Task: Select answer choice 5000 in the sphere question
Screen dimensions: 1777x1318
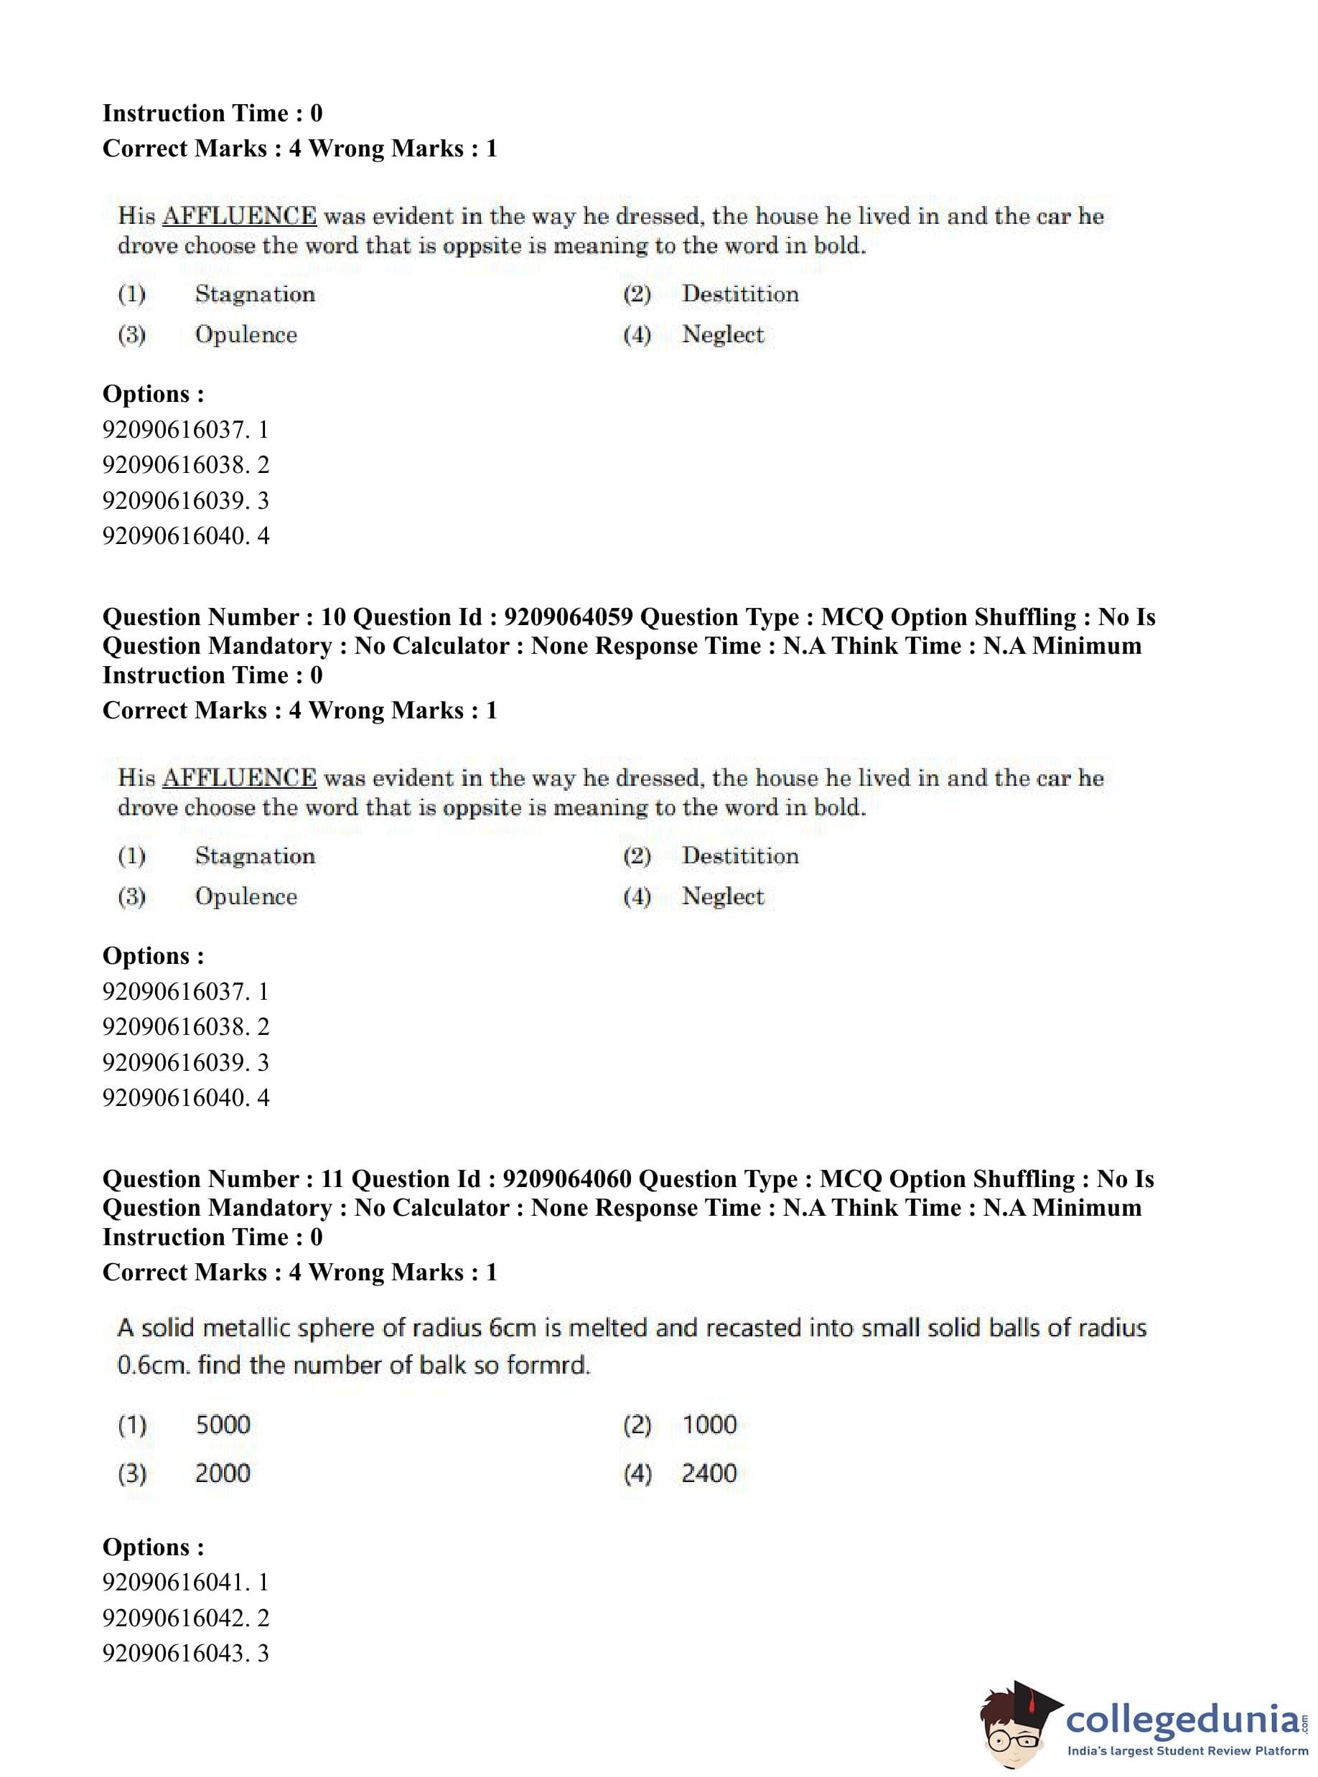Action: click(x=223, y=1424)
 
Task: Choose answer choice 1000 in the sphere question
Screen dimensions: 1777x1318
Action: click(x=709, y=1424)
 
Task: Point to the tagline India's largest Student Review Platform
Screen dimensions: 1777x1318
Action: click(x=1187, y=1750)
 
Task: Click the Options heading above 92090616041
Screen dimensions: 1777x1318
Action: click(x=153, y=1547)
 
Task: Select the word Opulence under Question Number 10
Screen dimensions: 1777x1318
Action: click(x=246, y=896)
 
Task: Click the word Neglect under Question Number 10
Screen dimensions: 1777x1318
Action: click(x=722, y=896)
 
